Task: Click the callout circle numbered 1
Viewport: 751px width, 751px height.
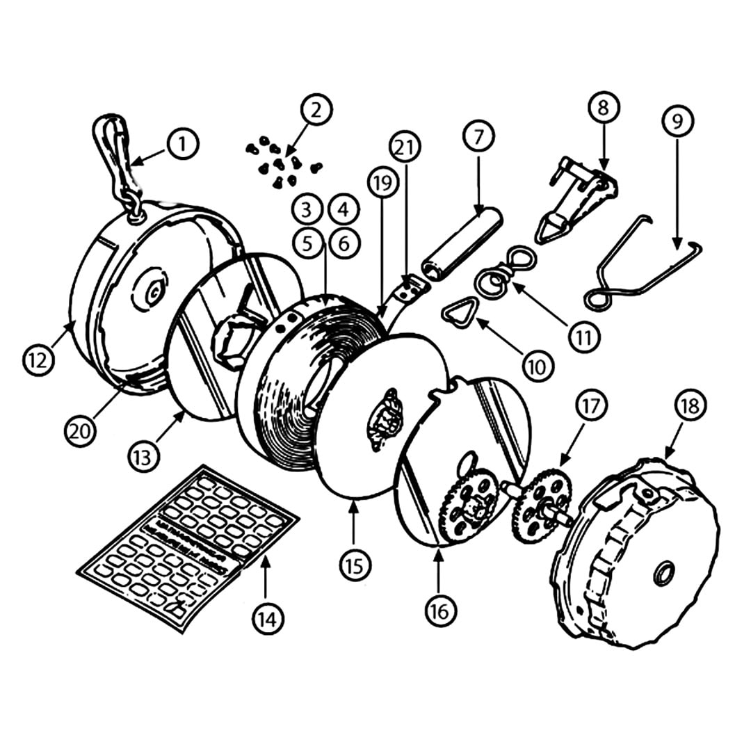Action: (x=182, y=144)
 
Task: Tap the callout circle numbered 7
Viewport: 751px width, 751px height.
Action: (x=478, y=136)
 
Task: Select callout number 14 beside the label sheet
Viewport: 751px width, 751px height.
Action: (x=268, y=617)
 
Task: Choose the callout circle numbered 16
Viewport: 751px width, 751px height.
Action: (x=440, y=610)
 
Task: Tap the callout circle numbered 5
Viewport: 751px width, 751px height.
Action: (x=307, y=242)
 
